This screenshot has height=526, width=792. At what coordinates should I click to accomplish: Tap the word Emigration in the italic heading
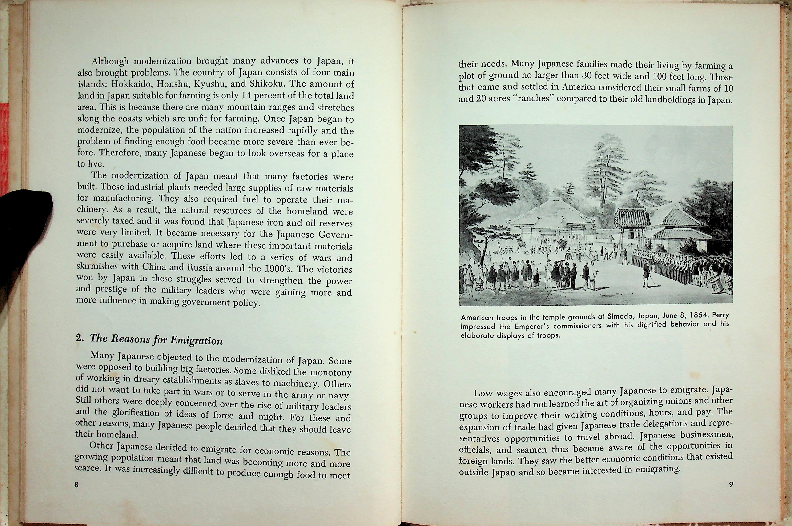196,340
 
